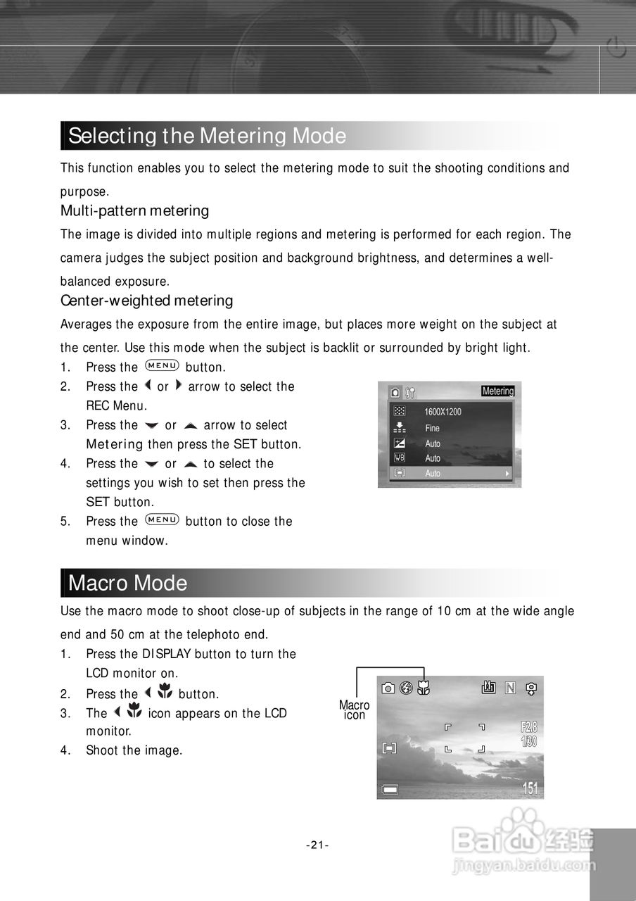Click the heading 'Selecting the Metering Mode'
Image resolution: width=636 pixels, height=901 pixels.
[207, 136]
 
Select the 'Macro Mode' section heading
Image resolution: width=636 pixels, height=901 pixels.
[127, 584]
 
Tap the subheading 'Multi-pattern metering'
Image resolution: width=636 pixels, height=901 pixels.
[134, 210]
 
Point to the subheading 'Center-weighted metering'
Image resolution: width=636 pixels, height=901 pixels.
[146, 301]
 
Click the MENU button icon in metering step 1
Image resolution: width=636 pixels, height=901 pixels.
[162, 366]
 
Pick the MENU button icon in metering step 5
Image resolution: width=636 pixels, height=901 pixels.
[162, 520]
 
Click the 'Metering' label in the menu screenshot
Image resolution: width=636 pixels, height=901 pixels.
[498, 391]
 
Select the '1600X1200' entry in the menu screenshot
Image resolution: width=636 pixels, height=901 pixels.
[443, 412]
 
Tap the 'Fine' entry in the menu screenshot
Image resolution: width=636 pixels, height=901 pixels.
[432, 428]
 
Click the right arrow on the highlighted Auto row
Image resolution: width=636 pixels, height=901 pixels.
[507, 474]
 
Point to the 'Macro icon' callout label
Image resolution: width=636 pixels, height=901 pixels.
[354, 710]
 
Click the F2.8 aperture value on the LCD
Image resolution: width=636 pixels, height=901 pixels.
[529, 726]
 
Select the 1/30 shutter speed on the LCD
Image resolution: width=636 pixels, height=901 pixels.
[529, 742]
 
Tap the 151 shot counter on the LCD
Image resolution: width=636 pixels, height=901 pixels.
[530, 788]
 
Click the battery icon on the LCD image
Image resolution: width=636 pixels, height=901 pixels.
[389, 790]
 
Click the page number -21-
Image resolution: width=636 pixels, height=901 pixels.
[318, 845]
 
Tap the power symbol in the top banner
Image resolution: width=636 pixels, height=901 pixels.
[616, 50]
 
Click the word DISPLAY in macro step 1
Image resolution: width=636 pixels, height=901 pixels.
[167, 654]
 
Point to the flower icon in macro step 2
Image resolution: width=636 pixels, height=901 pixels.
[165, 693]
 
